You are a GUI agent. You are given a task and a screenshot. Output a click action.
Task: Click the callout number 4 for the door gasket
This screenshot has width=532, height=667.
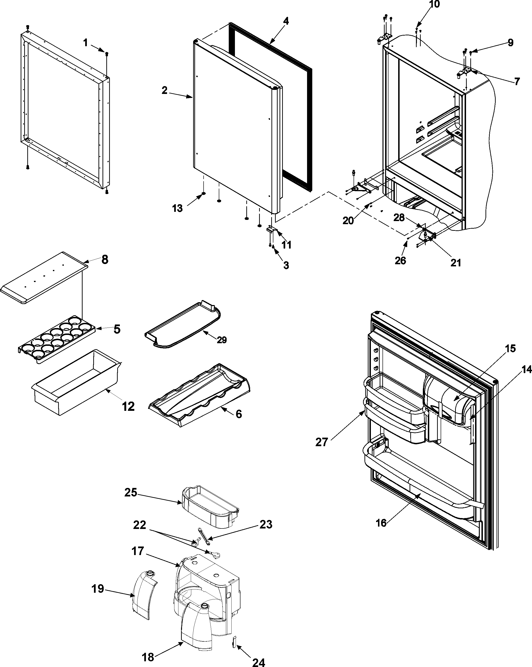pos(286,21)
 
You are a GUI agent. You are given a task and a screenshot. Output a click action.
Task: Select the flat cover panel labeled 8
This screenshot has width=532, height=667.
pos(43,277)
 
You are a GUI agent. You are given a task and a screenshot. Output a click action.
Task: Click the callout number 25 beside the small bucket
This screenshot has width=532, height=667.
pos(131,492)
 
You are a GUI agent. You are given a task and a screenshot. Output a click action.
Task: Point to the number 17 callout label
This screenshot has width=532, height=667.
pos(138,551)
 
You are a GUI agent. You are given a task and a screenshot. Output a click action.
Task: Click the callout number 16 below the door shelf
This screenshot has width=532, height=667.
pos(381,523)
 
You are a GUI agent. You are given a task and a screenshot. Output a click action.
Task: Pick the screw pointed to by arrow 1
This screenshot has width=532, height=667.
pos(107,54)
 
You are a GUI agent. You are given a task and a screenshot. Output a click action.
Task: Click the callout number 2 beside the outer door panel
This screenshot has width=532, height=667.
pos(164,90)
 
